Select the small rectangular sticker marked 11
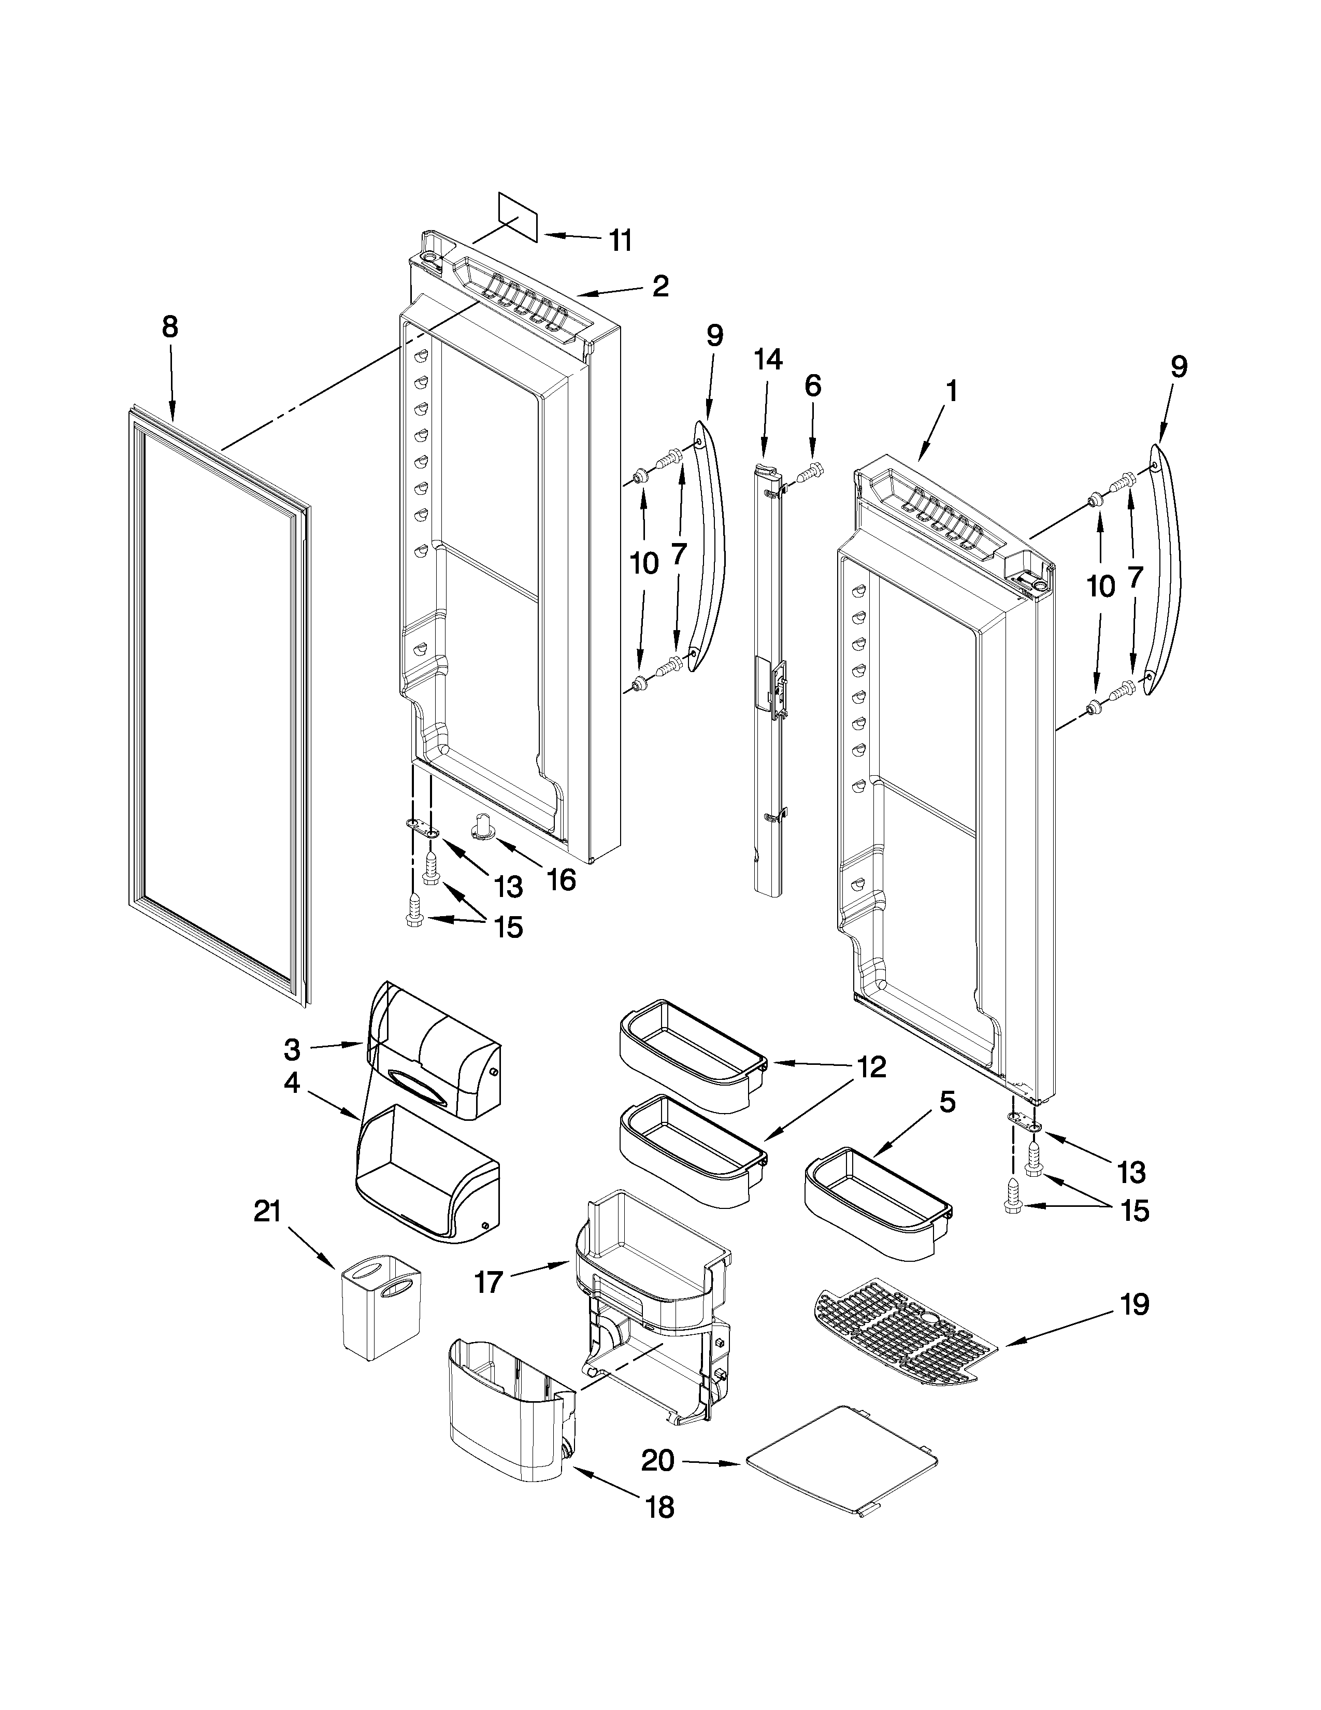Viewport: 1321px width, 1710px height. pyautogui.click(x=518, y=216)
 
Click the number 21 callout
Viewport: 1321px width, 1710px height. pyautogui.click(x=267, y=1212)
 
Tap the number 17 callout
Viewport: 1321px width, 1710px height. pyautogui.click(x=487, y=1284)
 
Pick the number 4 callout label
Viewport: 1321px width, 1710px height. pyautogui.click(x=291, y=1085)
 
